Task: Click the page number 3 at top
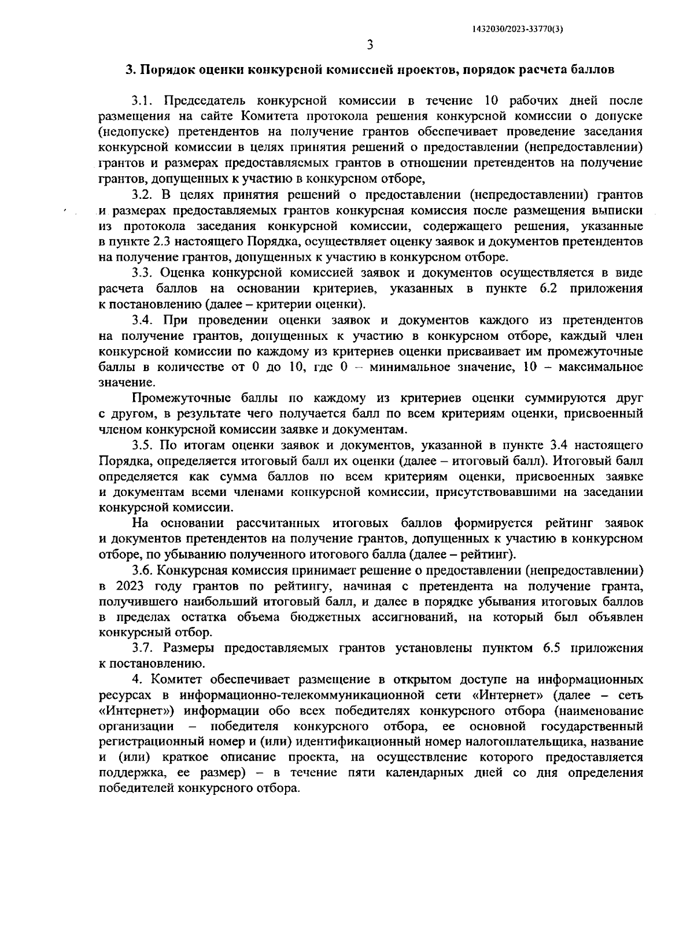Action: [x=370, y=45]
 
